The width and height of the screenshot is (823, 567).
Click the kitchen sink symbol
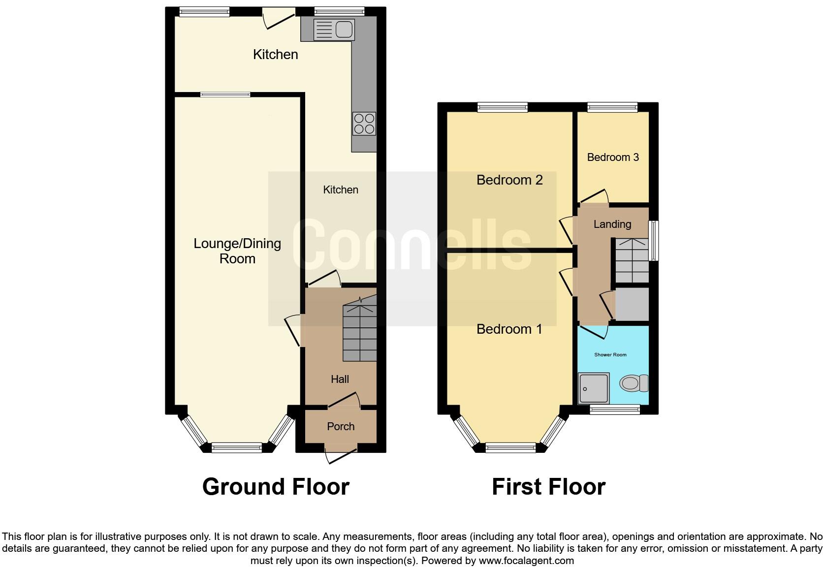[x=334, y=30]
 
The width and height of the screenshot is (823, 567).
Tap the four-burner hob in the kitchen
[x=364, y=124]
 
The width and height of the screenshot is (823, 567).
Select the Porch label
[x=341, y=427]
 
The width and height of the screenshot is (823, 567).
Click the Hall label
[x=340, y=379]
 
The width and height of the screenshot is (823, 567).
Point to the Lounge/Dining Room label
[x=237, y=251]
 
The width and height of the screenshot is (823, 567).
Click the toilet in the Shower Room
[x=634, y=383]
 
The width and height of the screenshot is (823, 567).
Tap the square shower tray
[x=594, y=388]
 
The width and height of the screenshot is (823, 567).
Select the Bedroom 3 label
[x=613, y=157]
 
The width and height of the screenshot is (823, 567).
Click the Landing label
[x=612, y=224]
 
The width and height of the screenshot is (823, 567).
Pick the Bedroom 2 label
[x=509, y=180]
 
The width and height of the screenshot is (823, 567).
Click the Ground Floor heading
[x=276, y=487]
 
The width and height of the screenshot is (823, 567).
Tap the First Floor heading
[x=548, y=487]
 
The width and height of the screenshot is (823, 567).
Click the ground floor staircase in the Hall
[x=360, y=332]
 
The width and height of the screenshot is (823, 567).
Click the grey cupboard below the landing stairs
[x=632, y=304]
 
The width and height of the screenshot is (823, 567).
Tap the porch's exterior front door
[x=341, y=455]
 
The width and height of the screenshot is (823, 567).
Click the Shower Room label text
[x=610, y=355]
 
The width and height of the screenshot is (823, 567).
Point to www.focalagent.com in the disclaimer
[x=526, y=561]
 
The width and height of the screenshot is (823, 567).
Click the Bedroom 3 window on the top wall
[x=612, y=107]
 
